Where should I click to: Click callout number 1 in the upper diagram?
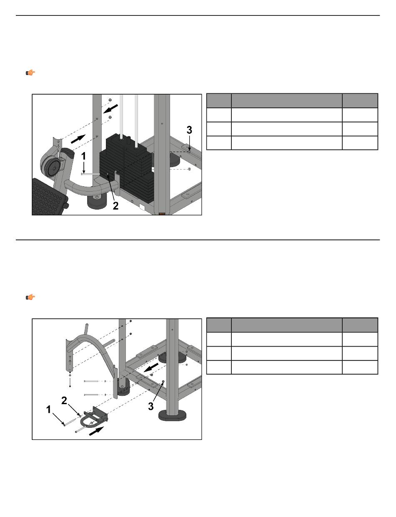(83, 156)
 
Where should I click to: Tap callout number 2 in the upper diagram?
(115, 205)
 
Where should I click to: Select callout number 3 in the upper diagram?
(189, 130)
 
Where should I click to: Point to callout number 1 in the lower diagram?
(48, 410)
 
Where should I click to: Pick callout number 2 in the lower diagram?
(64, 401)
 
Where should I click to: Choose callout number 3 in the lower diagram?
(151, 406)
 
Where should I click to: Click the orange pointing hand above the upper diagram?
(30, 72)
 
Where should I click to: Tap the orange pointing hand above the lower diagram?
(30, 297)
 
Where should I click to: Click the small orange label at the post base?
(162, 214)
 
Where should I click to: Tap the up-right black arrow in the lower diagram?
(96, 431)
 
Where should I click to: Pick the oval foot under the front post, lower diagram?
(173, 415)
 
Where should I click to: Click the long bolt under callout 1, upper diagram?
(91, 174)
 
